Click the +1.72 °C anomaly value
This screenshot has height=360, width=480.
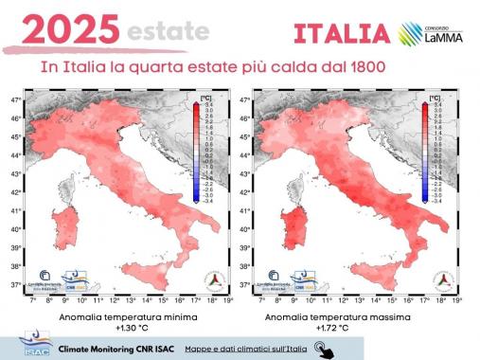[x=358, y=329]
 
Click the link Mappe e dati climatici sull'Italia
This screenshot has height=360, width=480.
[x=246, y=348]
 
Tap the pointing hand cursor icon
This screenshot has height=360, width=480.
[x=325, y=349]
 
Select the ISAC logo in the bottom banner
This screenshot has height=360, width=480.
[x=27, y=347]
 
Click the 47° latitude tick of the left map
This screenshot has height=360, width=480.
[x=16, y=99]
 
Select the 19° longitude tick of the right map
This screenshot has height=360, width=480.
[x=458, y=299]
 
